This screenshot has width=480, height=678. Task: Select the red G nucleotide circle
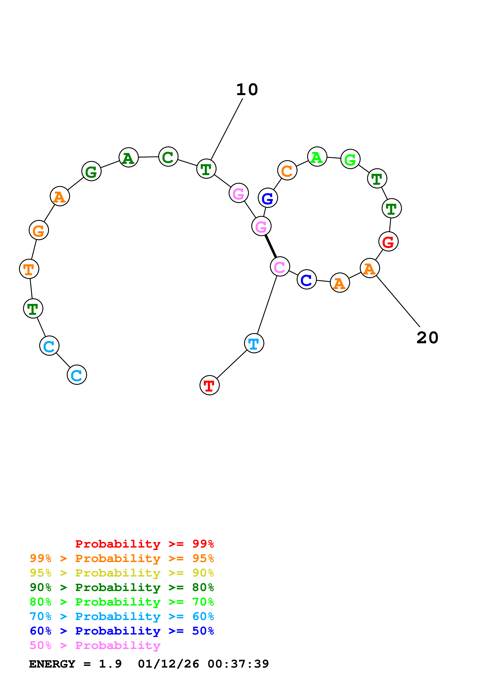click(x=388, y=242)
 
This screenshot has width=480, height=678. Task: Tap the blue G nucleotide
click(x=268, y=198)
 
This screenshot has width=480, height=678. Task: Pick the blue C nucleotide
click(x=307, y=279)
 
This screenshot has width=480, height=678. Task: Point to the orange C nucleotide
click(x=287, y=170)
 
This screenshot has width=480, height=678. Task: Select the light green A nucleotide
click(x=317, y=157)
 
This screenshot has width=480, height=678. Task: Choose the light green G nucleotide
click(x=350, y=159)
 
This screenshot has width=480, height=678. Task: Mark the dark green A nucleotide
click(x=129, y=158)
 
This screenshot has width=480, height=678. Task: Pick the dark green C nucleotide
click(x=168, y=157)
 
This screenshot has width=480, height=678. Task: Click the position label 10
click(x=247, y=89)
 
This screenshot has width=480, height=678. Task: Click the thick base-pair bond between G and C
click(x=271, y=246)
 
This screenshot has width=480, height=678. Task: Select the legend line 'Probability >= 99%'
click(x=144, y=544)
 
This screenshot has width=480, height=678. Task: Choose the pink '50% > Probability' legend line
click(x=95, y=646)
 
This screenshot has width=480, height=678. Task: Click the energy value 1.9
click(x=110, y=664)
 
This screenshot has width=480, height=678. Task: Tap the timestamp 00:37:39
click(x=238, y=664)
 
